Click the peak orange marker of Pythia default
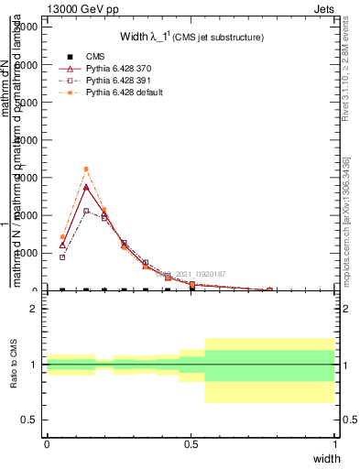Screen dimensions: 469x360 click(x=86, y=169)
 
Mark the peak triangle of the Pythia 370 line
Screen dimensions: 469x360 click(x=86, y=187)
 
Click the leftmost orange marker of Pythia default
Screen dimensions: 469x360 click(x=62, y=236)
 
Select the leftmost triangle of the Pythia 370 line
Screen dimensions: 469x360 click(x=62, y=245)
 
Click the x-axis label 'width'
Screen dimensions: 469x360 click(x=325, y=457)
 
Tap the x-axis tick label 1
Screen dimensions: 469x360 click(x=334, y=443)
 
